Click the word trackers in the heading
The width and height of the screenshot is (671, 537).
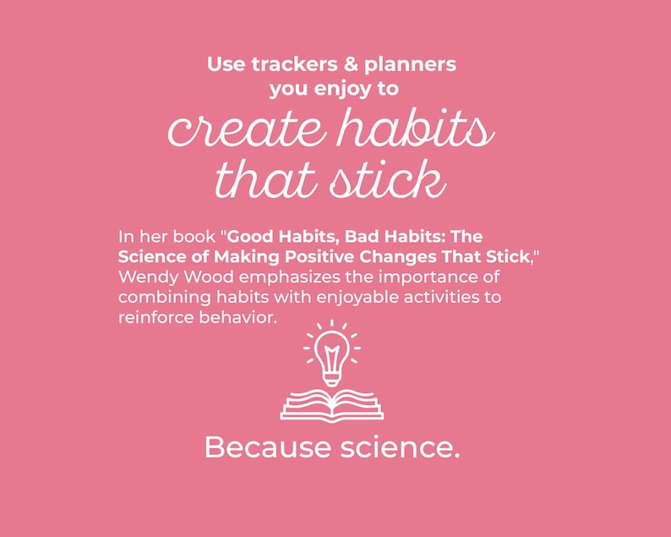point(286,64)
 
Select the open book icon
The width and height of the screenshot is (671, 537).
point(331,404)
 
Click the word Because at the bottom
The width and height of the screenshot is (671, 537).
point(259,447)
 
